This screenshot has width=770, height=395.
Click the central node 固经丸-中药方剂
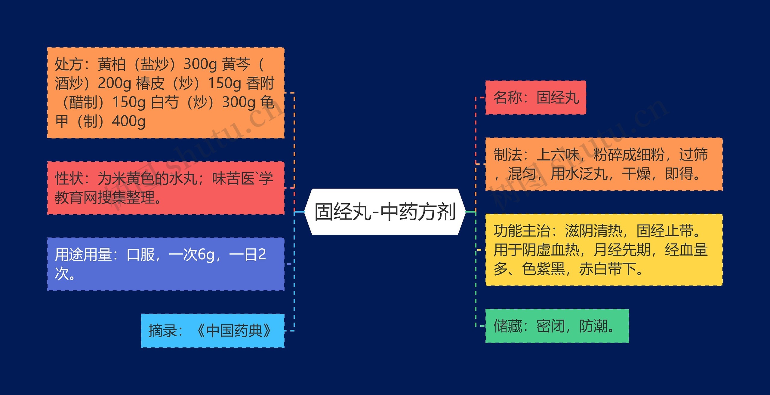tap(385, 212)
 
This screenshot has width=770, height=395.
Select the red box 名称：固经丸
tap(536, 98)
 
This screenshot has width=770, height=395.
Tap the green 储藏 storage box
tap(557, 326)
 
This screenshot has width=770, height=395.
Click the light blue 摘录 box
tap(212, 331)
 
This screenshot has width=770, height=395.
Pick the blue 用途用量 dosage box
tap(166, 264)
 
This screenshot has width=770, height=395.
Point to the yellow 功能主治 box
tap(604, 250)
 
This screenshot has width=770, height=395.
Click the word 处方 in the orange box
tap(69, 65)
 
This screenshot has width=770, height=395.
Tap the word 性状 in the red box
tap(69, 179)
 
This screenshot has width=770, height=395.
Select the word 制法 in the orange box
tap(507, 155)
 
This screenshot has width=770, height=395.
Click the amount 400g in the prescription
tap(129, 122)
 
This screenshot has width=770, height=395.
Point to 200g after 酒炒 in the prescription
tap(114, 84)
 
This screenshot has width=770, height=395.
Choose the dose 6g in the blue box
tap(206, 255)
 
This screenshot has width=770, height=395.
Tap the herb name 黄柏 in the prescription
tap(112, 65)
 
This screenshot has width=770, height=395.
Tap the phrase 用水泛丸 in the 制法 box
tap(579, 174)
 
